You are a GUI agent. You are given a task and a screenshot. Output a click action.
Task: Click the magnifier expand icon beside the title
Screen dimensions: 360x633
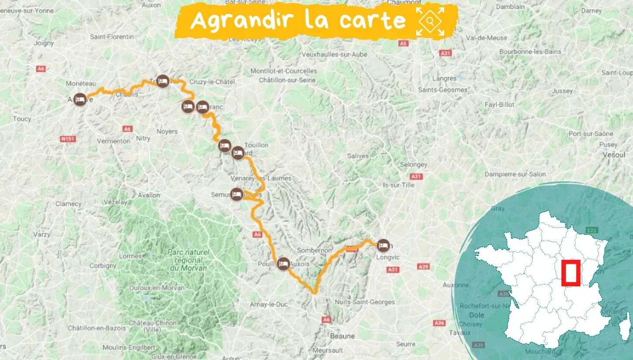click(x=430, y=21)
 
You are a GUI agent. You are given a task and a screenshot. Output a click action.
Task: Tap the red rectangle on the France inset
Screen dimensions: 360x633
click(x=571, y=273)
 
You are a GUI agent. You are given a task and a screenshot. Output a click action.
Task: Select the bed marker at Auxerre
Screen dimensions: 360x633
click(x=79, y=100)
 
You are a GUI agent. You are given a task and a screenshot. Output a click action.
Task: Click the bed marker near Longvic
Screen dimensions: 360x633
click(x=383, y=245)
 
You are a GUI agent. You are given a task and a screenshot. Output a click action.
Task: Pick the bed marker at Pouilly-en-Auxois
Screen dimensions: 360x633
click(x=283, y=263)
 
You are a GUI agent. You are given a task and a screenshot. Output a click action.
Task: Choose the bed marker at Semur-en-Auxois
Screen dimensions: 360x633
click(x=237, y=194)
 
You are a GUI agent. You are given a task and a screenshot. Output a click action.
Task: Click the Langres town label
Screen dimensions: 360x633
click(x=444, y=79)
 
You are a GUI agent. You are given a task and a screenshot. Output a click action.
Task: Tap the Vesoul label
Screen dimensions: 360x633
click(x=614, y=155)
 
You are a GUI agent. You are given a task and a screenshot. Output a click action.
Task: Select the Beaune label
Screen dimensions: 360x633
click(x=342, y=336)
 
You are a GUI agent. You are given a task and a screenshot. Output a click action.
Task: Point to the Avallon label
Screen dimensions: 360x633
click(x=149, y=195)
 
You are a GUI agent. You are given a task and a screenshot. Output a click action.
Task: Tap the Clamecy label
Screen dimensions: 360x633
click(x=68, y=204)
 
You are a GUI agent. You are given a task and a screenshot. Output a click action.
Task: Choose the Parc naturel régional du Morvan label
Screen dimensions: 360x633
click(x=188, y=259)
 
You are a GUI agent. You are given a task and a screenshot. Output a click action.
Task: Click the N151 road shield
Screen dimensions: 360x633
click(x=66, y=139)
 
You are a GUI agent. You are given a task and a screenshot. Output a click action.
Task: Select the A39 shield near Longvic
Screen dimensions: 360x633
click(x=424, y=266)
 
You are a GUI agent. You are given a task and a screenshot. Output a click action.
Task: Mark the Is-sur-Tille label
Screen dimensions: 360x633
click(x=399, y=185)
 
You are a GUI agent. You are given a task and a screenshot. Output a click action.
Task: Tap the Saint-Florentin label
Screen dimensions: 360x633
click(x=112, y=37)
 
